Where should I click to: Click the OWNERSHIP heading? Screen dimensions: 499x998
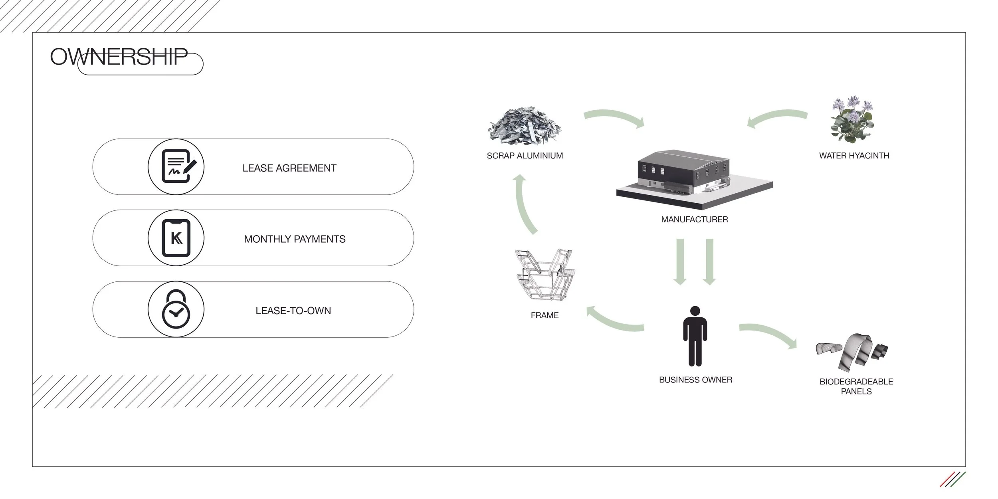pyautogui.click(x=119, y=57)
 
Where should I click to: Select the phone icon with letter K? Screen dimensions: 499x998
pyautogui.click(x=176, y=238)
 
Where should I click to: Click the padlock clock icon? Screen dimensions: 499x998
pyautogui.click(x=176, y=309)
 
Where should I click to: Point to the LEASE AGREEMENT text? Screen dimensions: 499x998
pyautogui.click(x=289, y=168)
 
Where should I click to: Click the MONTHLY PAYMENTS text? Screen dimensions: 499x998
pyautogui.click(x=295, y=239)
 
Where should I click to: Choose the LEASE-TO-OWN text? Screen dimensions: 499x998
pyautogui.click(x=293, y=311)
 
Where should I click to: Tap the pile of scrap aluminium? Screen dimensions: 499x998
pyautogui.click(x=524, y=125)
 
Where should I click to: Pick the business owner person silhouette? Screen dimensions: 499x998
pyautogui.click(x=695, y=336)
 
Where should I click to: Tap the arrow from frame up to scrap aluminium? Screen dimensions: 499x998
pyautogui.click(x=523, y=204)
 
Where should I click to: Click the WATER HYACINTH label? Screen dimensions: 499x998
pyautogui.click(x=854, y=156)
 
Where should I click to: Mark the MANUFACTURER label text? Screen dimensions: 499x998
pyautogui.click(x=695, y=220)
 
